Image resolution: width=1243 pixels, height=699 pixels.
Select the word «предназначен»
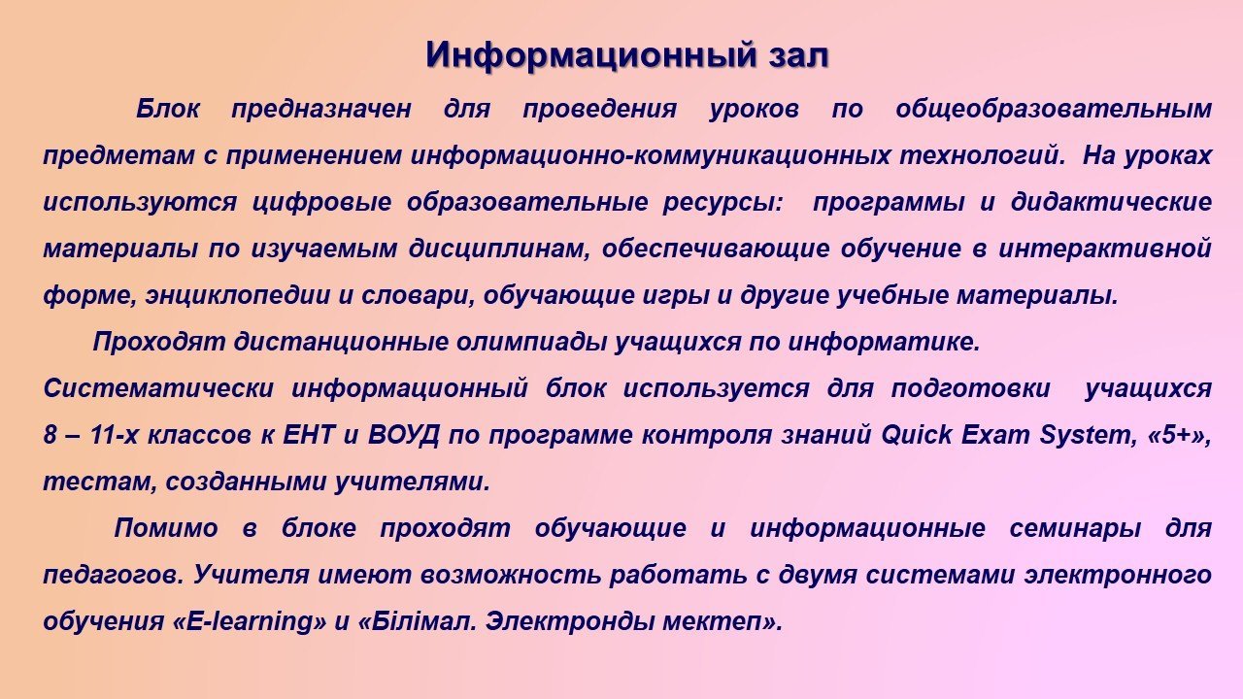click(x=321, y=109)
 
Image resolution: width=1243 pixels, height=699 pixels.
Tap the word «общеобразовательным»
click(x=1054, y=109)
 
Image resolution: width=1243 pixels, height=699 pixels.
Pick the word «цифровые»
click(x=321, y=202)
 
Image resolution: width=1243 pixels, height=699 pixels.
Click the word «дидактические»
click(x=1112, y=202)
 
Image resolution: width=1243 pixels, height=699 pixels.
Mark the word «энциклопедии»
click(x=238, y=295)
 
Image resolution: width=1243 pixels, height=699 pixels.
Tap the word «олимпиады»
click(x=531, y=342)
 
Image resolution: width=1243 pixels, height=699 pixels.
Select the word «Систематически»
click(x=158, y=388)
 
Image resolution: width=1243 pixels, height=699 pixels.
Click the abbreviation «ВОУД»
click(x=404, y=436)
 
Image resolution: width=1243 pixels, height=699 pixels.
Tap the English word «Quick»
click(x=916, y=435)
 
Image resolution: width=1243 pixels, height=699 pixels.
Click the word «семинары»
click(x=1075, y=528)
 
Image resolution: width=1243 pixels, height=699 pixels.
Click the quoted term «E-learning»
click(x=251, y=621)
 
